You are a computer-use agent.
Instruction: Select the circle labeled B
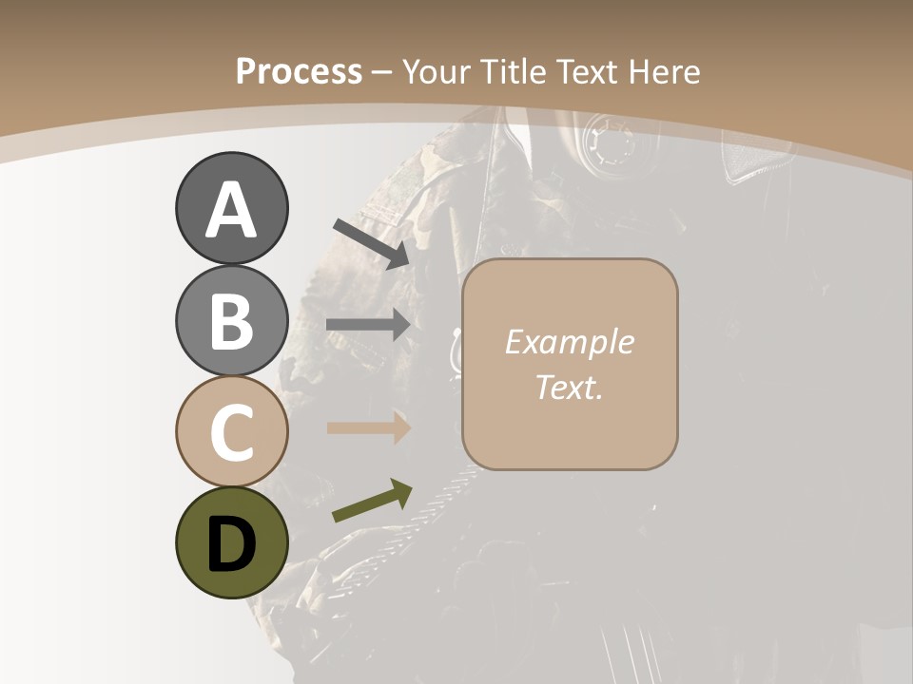(231, 320)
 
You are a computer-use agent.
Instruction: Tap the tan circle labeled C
(231, 431)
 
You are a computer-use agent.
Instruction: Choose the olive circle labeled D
(231, 542)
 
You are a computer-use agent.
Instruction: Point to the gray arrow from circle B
(369, 325)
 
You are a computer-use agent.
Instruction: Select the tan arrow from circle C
(369, 427)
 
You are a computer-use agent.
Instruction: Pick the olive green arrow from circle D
(372, 501)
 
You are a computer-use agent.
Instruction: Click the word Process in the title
(299, 71)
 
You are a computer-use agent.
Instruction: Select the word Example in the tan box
(569, 342)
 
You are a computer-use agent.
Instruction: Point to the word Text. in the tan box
(569, 387)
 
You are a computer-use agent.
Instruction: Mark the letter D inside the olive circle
(231, 544)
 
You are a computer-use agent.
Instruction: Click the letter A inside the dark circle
(231, 210)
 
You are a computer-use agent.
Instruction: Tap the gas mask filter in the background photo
(606, 148)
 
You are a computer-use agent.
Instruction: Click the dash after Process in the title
(382, 73)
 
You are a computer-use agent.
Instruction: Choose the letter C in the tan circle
(231, 432)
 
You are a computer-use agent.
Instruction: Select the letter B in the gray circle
(231, 321)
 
